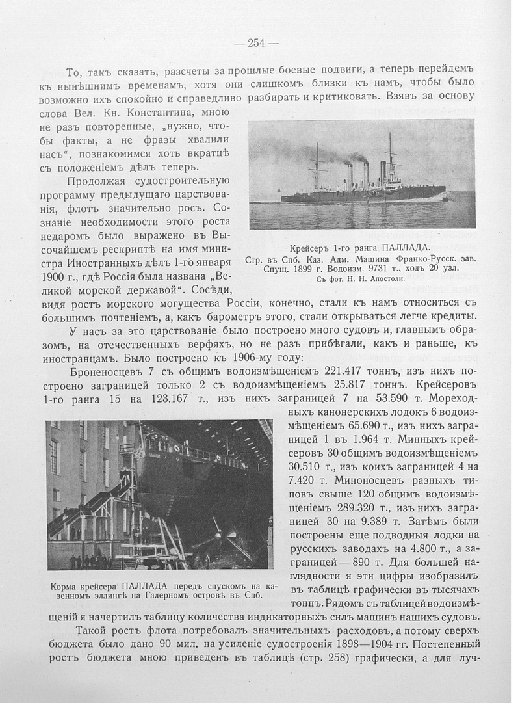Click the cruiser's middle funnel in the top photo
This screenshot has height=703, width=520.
[x=366, y=174]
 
